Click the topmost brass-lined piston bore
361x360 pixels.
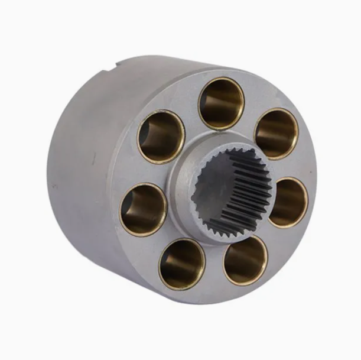221,103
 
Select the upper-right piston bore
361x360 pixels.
276,134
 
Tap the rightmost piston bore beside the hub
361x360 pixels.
288,202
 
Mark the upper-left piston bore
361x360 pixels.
161,136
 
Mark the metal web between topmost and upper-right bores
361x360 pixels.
251,111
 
